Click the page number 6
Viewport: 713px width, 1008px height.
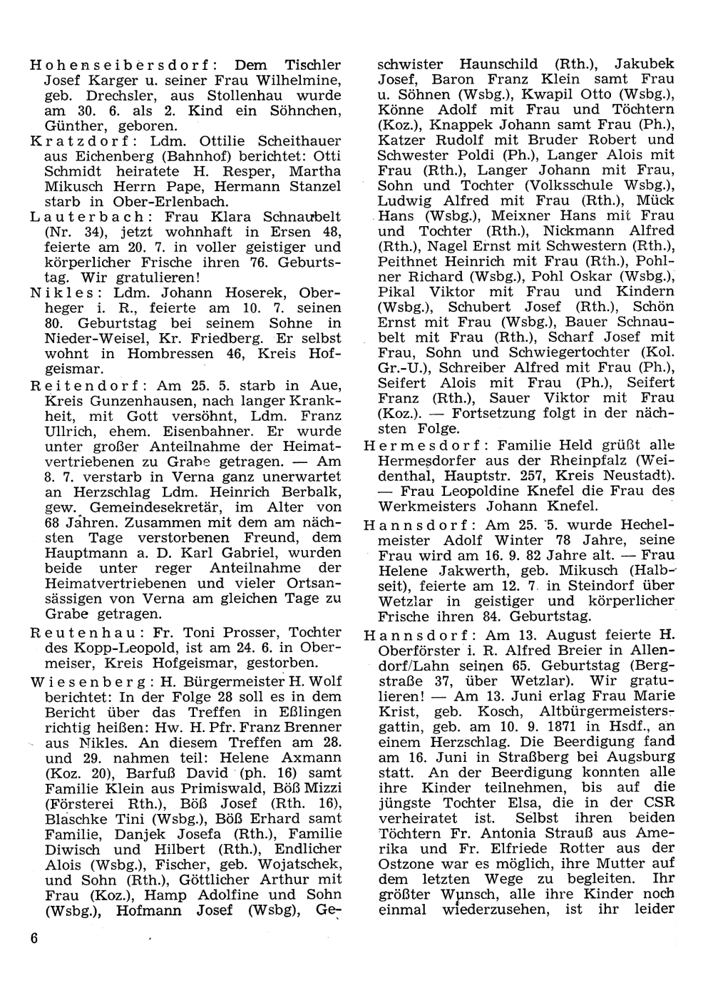pos(34,938)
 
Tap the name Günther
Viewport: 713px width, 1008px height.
pos(77,126)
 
